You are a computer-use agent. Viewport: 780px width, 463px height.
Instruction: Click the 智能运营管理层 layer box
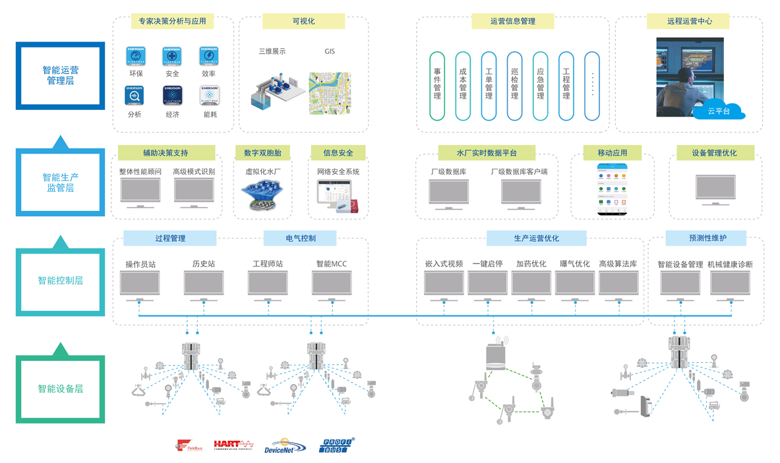[x=60, y=75]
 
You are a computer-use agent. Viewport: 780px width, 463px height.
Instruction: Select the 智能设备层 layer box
[x=60, y=389]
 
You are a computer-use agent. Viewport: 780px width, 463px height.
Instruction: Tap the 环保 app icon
[x=136, y=56]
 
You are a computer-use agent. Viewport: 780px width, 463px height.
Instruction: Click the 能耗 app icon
[x=210, y=95]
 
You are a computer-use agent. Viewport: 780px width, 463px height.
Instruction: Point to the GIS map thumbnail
[x=330, y=94]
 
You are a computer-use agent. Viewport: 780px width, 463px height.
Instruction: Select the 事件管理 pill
[x=437, y=86]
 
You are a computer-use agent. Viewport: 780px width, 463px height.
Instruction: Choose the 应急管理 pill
[x=540, y=86]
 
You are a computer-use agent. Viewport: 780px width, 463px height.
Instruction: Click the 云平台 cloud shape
[x=719, y=111]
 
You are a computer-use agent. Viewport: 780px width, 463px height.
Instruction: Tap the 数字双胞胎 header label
[x=262, y=153]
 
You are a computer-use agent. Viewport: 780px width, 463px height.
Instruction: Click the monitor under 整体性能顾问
[x=140, y=192]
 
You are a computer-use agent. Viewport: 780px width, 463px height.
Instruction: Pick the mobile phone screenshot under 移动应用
[x=612, y=190]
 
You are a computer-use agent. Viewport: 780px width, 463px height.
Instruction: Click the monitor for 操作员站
[x=140, y=283]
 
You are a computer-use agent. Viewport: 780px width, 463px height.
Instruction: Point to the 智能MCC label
[x=331, y=264]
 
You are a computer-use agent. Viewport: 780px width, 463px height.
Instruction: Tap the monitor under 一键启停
[x=487, y=283]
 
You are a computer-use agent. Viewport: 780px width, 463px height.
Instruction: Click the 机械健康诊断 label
[x=730, y=264]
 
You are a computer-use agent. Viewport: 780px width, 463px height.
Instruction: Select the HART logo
[x=233, y=445]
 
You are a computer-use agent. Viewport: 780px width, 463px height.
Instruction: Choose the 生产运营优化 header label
[x=536, y=238]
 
